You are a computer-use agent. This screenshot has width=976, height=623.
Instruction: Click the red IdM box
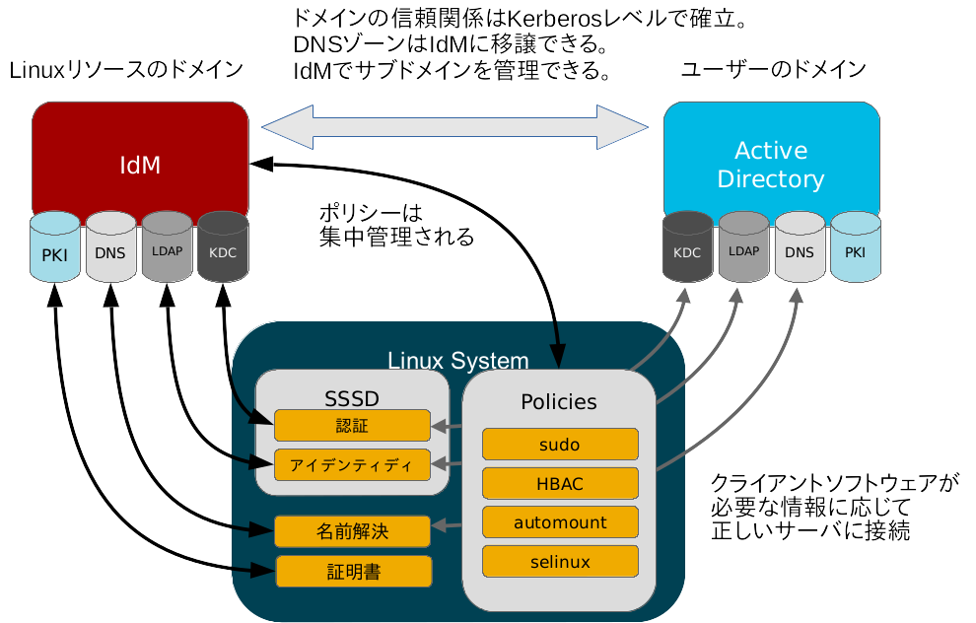pos(140,158)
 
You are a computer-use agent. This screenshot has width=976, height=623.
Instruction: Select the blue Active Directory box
pos(771,158)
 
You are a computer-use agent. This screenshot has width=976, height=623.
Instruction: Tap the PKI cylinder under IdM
pos(54,250)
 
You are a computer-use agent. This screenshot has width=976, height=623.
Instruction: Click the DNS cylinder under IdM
pos(110,250)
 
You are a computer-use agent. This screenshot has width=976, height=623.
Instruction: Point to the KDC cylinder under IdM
pos(223,250)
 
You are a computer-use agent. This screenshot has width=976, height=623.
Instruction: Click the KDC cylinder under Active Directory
pos(687,250)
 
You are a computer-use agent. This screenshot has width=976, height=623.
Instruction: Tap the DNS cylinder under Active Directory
pos(800,250)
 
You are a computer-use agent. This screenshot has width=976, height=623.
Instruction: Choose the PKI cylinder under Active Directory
pos(855,250)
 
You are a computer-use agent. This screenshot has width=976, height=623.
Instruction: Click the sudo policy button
pos(559,445)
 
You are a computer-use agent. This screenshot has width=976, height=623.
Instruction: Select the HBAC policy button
pos(559,483)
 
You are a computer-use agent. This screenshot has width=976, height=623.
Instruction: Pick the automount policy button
pos(559,521)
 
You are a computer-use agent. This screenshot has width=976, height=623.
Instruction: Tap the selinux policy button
pos(559,561)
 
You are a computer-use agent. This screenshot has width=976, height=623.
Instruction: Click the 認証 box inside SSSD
pos(352,425)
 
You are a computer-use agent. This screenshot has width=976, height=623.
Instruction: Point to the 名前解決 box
pos(352,531)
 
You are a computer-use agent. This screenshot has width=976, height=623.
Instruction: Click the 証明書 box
pos(353,571)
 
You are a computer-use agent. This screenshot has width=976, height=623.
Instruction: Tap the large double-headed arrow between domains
pos(455,125)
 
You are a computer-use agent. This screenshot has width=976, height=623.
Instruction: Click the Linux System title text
pos(457,360)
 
